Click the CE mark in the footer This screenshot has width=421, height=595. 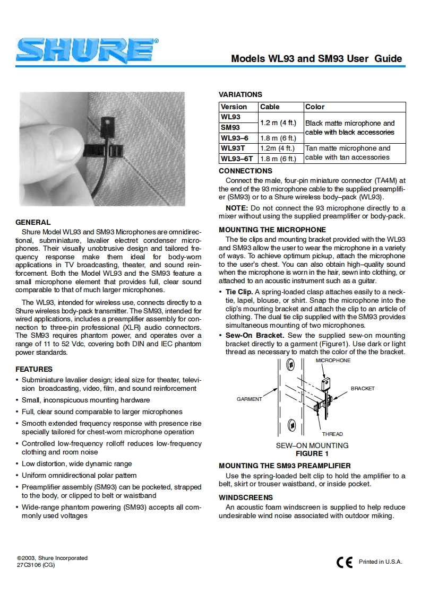[x=345, y=563]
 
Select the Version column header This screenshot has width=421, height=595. [x=234, y=107]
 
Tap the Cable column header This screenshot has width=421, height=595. [x=270, y=107]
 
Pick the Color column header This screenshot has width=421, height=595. [x=315, y=107]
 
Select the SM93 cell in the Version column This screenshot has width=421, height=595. [x=230, y=127]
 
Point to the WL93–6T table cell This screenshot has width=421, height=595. [x=237, y=159]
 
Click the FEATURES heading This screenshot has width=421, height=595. [x=34, y=369]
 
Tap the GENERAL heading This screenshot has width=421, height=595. [x=33, y=222]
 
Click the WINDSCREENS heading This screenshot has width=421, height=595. [x=246, y=497]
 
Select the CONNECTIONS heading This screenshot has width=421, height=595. [x=245, y=171]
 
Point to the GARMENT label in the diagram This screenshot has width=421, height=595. [x=249, y=399]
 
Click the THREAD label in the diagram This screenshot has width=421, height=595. [x=332, y=434]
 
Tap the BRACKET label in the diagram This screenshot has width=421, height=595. [x=363, y=389]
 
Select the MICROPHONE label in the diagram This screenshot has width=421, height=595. [x=333, y=361]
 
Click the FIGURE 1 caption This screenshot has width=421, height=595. [x=312, y=453]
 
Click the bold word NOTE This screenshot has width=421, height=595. [x=235, y=208]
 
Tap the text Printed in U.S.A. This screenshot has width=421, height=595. [x=380, y=562]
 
